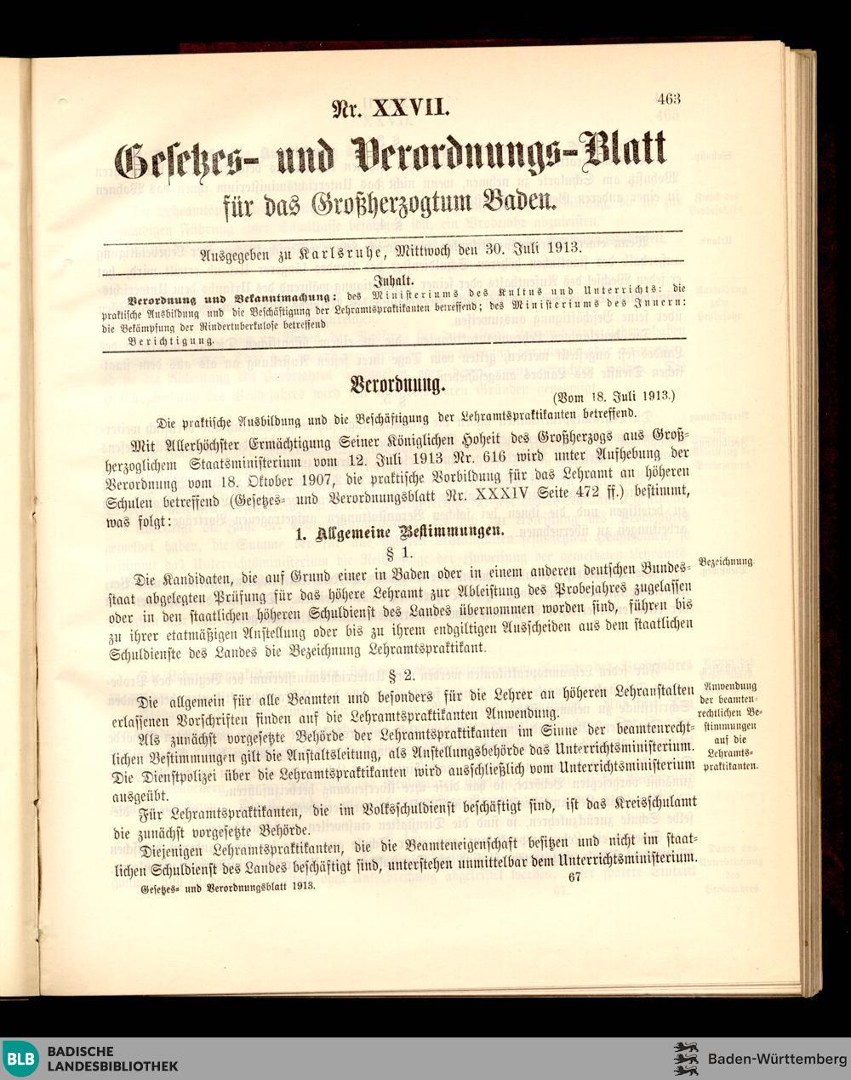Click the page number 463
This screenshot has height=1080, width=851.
click(668, 98)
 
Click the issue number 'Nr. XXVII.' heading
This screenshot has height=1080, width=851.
click(389, 108)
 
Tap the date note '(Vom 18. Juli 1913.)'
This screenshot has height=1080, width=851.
click(614, 396)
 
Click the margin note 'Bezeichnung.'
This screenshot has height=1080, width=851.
click(726, 562)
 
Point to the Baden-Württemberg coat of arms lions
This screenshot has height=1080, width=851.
click(686, 1059)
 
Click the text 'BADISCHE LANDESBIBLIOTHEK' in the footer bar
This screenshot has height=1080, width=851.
click(112, 1059)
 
